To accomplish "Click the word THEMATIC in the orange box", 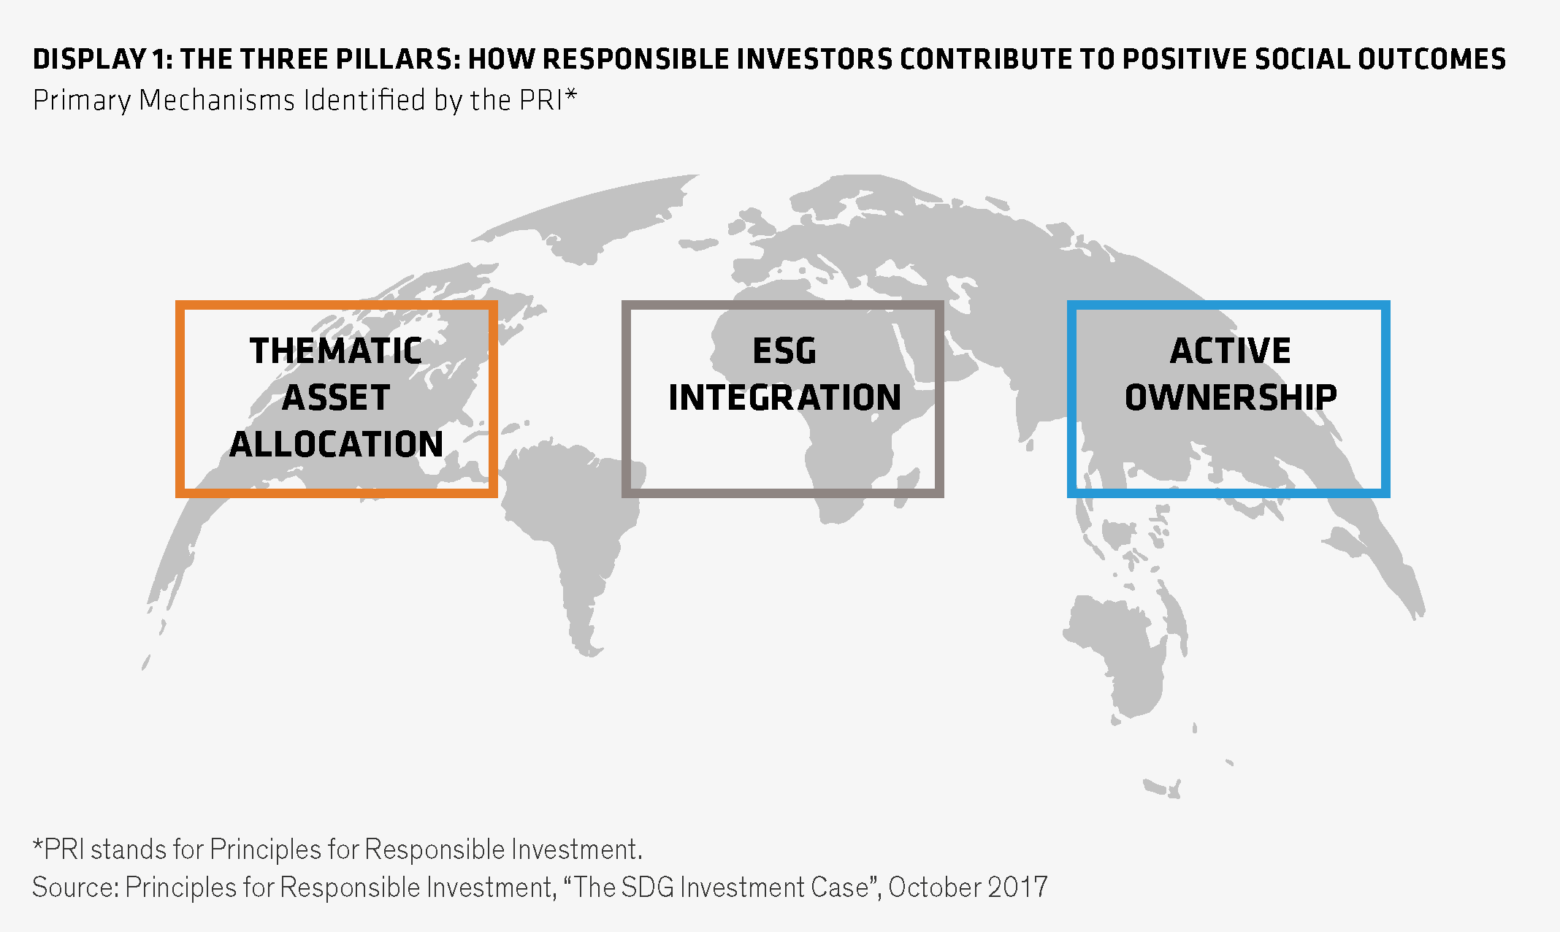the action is coord(336,351).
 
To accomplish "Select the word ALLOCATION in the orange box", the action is coord(337,444).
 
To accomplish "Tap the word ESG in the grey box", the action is coord(784,351).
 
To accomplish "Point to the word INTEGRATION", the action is coord(785,397).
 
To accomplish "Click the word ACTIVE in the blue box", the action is coord(1231,351).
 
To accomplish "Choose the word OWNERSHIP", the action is coord(1231,397).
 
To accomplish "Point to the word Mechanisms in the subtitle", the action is coord(216,100).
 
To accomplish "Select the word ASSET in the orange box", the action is coord(336,397).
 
